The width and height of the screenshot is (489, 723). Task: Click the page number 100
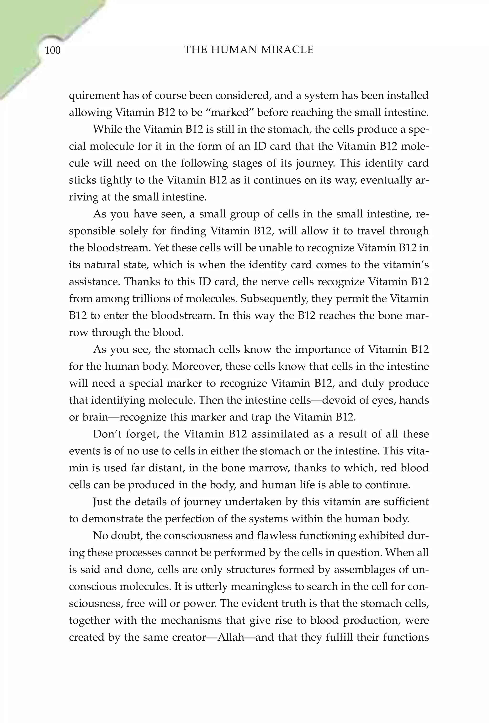coord(53,50)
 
